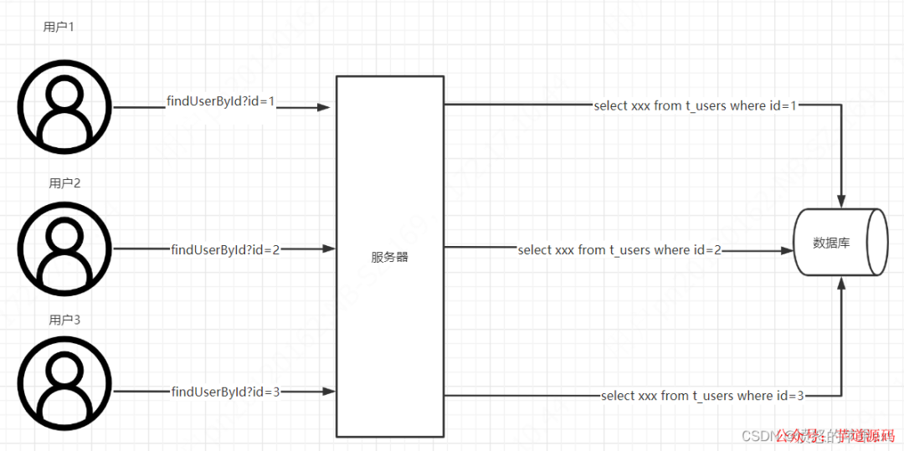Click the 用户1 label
tap(59, 27)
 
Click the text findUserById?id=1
tap(221, 102)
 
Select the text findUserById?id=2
tap(225, 249)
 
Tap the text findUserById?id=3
tap(225, 391)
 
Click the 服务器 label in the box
tap(389, 257)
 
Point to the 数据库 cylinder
tap(840, 243)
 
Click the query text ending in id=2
tap(619, 249)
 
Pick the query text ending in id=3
tap(702, 396)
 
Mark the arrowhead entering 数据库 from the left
tap(786, 249)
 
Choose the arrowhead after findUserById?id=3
tap(330, 391)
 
